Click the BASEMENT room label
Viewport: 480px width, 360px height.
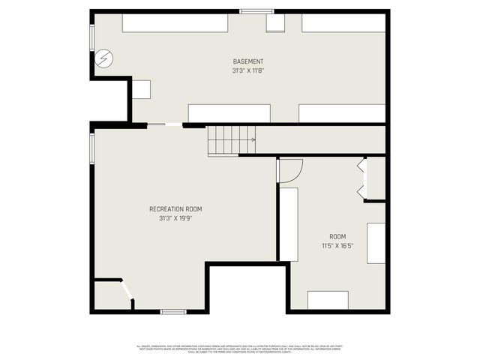[x=248, y=61]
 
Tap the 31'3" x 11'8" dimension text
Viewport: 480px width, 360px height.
[x=248, y=70]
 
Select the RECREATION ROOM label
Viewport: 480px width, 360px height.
[x=175, y=209]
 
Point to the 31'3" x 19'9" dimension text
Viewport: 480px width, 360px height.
[x=175, y=218]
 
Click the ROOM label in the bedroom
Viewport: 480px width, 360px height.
[x=337, y=236]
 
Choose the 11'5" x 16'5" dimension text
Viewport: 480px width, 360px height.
[x=337, y=245]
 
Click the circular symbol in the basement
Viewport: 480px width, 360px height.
[x=105, y=57]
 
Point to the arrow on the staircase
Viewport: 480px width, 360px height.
[x=252, y=139]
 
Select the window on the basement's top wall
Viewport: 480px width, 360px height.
[x=251, y=10]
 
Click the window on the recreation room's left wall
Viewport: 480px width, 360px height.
[x=91, y=147]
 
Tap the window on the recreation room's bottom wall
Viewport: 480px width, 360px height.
[x=173, y=311]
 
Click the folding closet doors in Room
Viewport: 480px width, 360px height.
[x=362, y=179]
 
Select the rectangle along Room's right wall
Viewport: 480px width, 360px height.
[x=376, y=243]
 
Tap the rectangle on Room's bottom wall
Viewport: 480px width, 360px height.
[x=328, y=300]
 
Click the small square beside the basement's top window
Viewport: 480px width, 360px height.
[x=275, y=23]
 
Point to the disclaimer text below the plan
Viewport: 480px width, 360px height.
[x=240, y=348]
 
